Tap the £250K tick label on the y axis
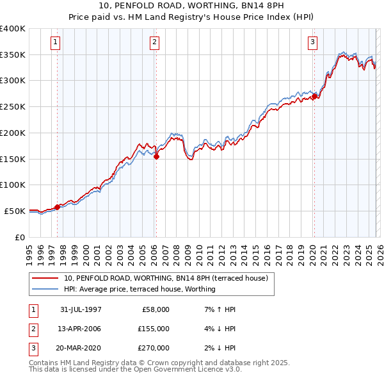13,107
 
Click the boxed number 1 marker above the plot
56,43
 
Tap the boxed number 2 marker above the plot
155,43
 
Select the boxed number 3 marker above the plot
313,43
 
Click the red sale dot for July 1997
58,206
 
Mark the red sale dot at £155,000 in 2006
157,156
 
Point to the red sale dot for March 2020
314,96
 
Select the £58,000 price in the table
154,309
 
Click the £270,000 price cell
154,348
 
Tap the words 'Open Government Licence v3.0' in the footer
186,370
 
